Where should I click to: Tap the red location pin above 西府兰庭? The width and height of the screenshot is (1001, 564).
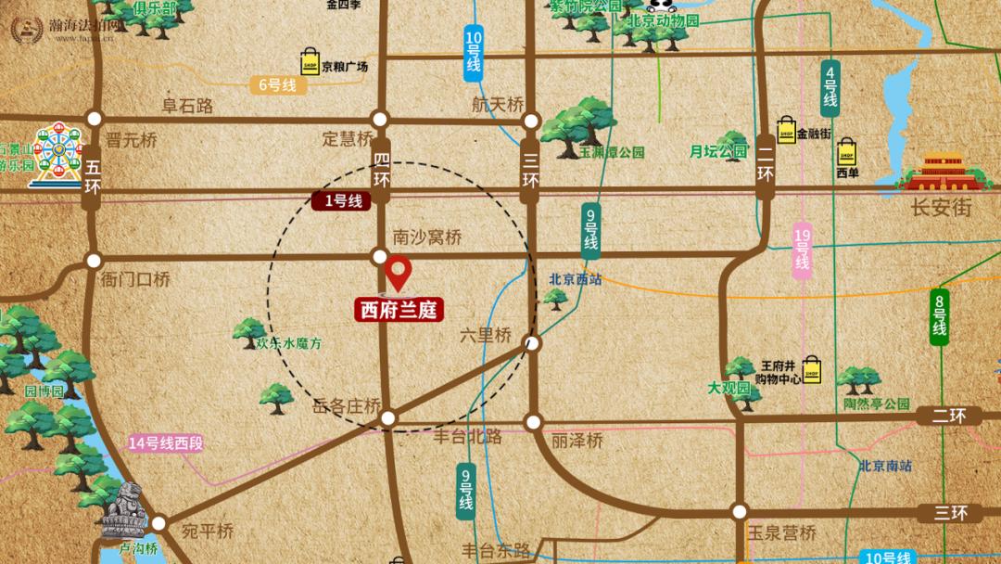pos(399,272)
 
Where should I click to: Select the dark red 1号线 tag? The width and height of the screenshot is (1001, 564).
pos(342,200)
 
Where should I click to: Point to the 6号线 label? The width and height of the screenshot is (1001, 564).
pos(276,84)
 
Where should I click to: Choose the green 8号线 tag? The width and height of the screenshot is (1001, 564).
pos(940,316)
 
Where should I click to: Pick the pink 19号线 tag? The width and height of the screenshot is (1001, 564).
pos(802,250)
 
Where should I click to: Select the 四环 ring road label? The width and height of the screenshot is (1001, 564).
pos(381,173)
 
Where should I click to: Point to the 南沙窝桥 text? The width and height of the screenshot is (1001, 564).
pos(427,237)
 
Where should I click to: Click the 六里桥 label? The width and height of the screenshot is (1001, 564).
pos(485,336)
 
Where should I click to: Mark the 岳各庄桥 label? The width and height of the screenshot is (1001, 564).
pos(348,405)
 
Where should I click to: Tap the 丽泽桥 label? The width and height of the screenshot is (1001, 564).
pos(577,441)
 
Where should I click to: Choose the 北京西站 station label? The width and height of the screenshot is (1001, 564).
pos(576,278)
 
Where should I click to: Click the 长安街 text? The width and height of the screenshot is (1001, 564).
pos(941,208)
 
